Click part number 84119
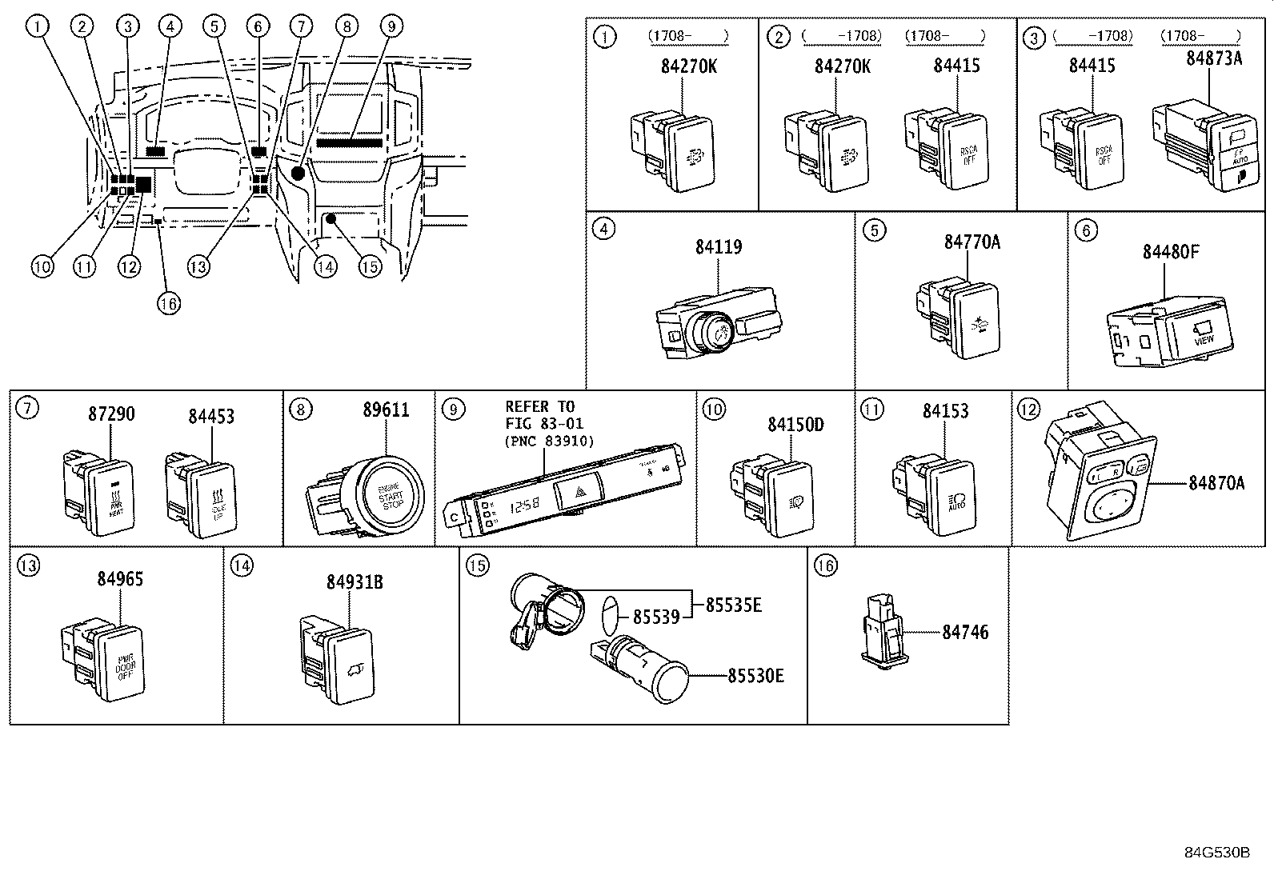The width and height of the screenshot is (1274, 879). (x=718, y=247)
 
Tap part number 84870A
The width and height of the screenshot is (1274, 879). (x=1216, y=483)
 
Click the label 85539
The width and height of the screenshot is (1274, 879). (x=655, y=617)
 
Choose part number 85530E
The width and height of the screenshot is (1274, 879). (x=755, y=676)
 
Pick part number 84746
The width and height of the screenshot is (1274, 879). (x=964, y=632)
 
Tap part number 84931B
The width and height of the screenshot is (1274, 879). (x=354, y=582)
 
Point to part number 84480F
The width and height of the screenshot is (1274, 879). (x=1170, y=252)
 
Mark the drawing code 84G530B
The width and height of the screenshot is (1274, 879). (x=1216, y=852)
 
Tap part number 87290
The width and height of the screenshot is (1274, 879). (x=111, y=414)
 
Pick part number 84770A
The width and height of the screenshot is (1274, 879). (x=972, y=242)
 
